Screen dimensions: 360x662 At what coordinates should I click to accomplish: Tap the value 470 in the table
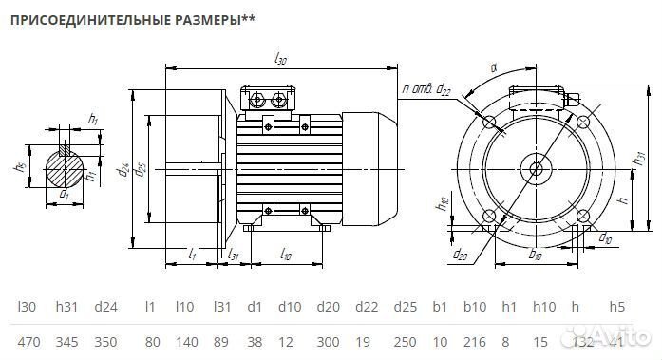click(x=29, y=341)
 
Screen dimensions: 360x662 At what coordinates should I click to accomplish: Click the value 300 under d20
click(x=328, y=341)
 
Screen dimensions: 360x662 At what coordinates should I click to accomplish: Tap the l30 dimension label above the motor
click(x=280, y=59)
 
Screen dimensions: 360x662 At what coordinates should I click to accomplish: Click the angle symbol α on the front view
click(x=495, y=68)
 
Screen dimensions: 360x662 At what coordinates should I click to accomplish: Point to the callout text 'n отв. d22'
click(x=425, y=88)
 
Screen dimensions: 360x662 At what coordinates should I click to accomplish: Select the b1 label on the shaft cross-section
click(x=92, y=120)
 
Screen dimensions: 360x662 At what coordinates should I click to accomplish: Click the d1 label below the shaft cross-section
click(x=65, y=194)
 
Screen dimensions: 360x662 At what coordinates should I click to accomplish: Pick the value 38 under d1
click(x=255, y=341)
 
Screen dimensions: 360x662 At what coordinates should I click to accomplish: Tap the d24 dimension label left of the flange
click(x=123, y=171)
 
